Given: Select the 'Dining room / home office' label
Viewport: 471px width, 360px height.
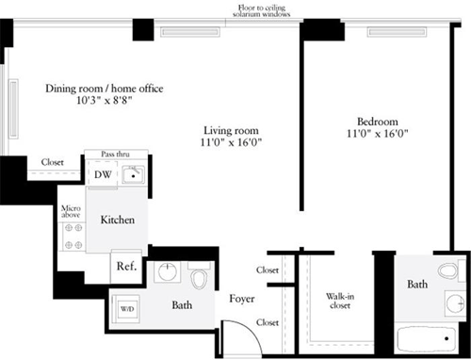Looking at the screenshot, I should click(x=105, y=89).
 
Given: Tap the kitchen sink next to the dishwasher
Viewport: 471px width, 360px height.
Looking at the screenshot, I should click(x=132, y=174).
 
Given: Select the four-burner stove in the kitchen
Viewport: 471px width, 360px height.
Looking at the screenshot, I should click(x=73, y=236).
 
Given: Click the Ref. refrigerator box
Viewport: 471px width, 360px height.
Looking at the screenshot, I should click(x=126, y=266).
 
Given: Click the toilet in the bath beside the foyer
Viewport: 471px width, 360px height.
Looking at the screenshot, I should click(x=198, y=279).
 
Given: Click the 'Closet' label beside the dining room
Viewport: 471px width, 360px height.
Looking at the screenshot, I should click(x=52, y=162).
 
